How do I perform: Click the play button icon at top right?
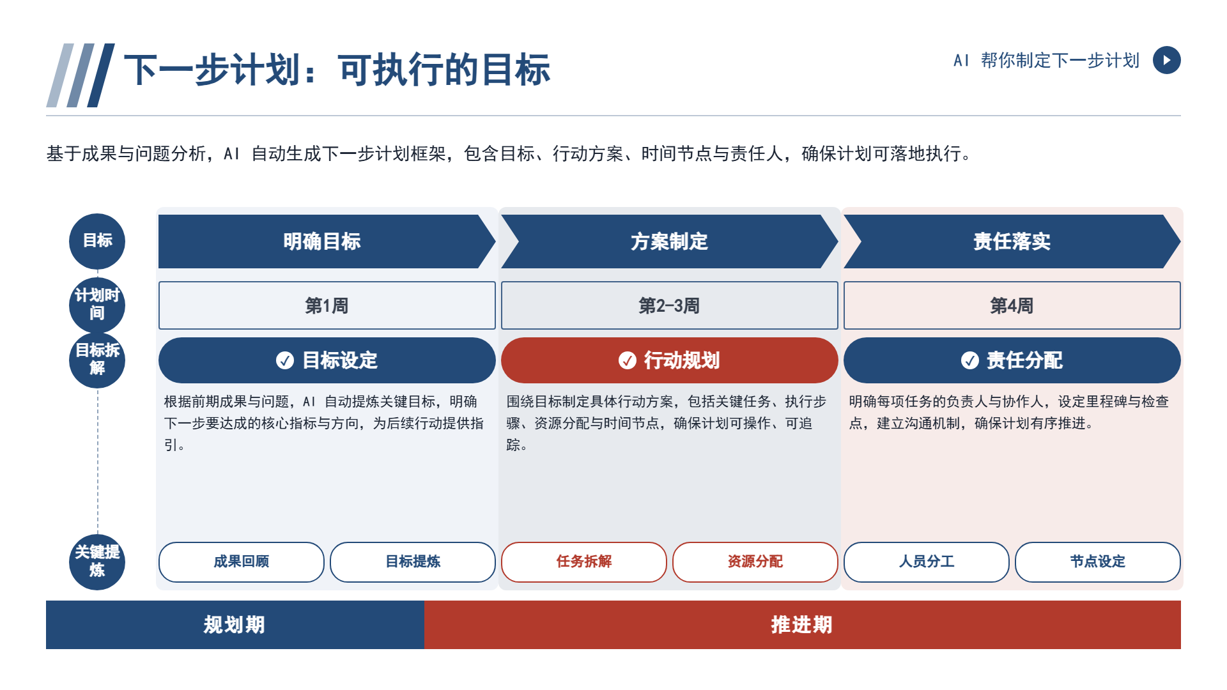1166,60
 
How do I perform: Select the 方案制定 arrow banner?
669,241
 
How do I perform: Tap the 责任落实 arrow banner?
1012,241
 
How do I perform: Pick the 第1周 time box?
327,305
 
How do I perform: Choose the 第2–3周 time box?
669,305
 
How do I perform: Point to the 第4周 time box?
1012,305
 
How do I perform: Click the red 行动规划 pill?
669,360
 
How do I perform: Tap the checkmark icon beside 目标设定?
285,360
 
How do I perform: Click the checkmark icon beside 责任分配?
970,360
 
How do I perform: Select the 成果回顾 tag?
242,562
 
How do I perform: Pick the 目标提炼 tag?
413,562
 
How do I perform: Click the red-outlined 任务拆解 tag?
584,562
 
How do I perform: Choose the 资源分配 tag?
755,562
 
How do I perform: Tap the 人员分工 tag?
927,562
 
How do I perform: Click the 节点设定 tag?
1098,562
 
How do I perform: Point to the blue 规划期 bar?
235,625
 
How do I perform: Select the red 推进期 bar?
803,625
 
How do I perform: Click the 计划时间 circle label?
97,305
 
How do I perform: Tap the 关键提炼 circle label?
97,562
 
